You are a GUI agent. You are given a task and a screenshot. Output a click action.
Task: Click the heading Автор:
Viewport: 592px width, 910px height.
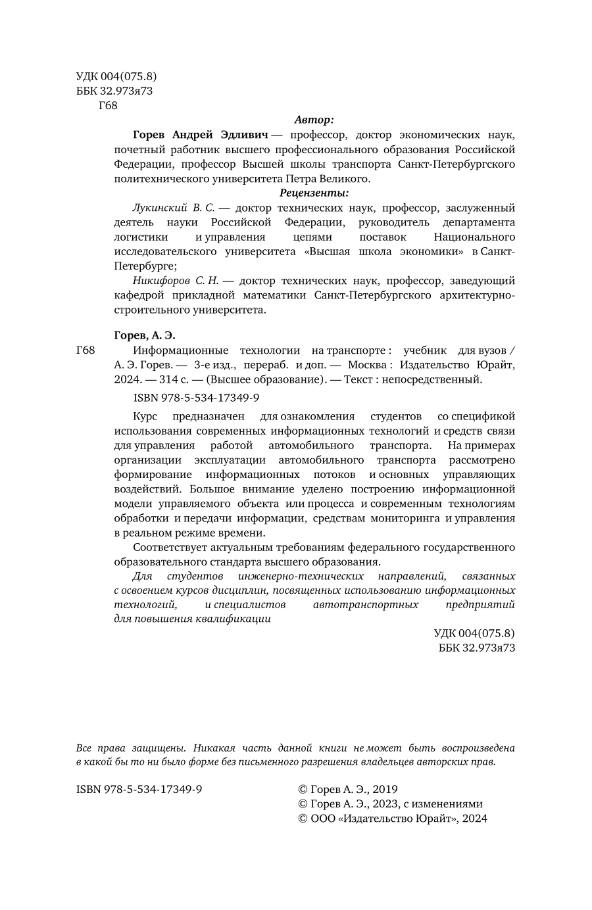314,120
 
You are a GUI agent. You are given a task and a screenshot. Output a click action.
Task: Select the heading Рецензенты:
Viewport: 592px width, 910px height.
314,193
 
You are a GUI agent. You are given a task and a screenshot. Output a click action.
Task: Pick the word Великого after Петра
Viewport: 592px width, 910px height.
343,178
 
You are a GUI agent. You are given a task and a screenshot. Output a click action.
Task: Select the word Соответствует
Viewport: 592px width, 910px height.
168,547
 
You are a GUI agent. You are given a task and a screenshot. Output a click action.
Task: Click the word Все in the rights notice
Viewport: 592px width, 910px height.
85,748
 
